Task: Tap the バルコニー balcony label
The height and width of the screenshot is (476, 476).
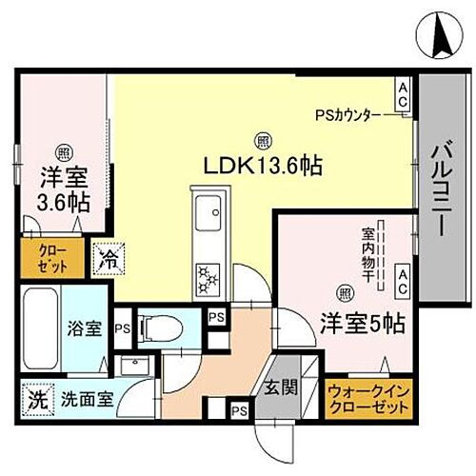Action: [442, 187]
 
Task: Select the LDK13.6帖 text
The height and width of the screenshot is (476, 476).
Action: [260, 164]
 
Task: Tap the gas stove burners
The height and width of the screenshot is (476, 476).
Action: [208, 277]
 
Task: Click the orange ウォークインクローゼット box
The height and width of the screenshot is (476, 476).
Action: [369, 399]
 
